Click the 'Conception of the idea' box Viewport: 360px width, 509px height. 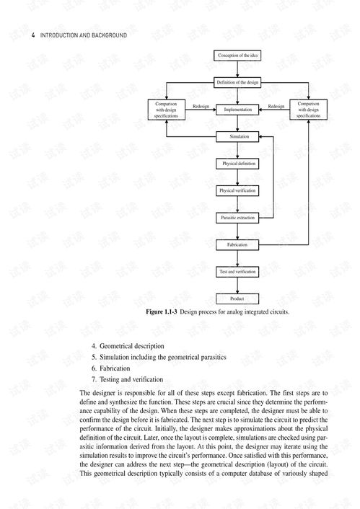(237, 56)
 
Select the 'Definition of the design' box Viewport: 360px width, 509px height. (237, 83)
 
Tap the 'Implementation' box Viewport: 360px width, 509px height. (237, 110)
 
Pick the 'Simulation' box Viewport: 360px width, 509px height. (237, 136)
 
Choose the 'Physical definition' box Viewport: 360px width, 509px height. (237, 164)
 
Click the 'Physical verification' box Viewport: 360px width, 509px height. (237, 190)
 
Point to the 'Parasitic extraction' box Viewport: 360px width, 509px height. (237, 217)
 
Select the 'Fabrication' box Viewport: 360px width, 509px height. (237, 244)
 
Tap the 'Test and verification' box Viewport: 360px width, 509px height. (237, 271)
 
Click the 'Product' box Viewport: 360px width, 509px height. (237, 298)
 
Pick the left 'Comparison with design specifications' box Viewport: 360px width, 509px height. (166, 110)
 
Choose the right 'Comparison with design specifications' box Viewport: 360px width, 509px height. (309, 110)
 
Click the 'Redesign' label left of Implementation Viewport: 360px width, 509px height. (201, 106)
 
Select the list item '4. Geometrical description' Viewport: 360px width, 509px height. (128, 346)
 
